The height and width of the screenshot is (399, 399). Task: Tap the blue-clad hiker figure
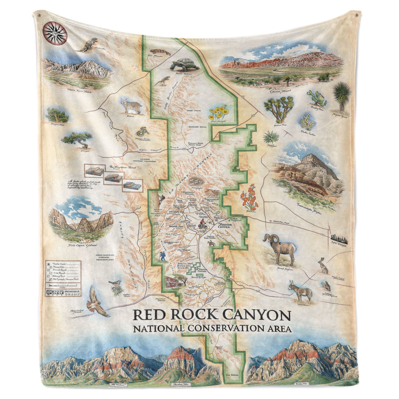tap(162, 256)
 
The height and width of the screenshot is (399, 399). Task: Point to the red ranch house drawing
tap(174, 282)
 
